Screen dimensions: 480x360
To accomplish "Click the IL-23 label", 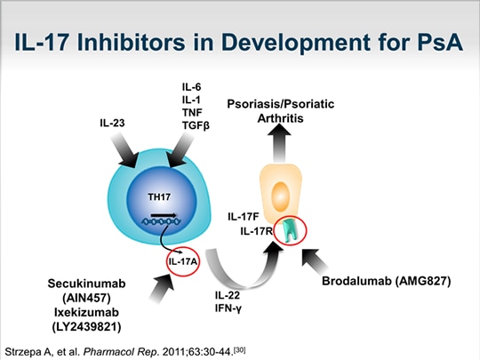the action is [112, 123].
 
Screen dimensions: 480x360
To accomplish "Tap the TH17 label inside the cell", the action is [159, 196].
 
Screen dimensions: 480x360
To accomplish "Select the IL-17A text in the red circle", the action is [183, 261].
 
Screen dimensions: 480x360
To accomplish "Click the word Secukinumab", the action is [86, 284].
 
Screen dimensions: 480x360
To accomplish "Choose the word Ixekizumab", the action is [86, 313].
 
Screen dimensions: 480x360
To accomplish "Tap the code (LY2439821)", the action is [86, 327].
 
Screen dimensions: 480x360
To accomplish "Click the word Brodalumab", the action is [356, 281].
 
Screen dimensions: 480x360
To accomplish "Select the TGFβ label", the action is [196, 125].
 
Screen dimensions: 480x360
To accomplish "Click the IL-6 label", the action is [192, 87].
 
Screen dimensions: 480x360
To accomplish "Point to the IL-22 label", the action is [228, 295].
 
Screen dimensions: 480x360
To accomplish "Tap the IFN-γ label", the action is [228, 308].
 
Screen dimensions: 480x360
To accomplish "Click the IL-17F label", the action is [244, 217].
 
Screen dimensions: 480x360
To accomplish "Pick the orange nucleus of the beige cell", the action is [280, 196].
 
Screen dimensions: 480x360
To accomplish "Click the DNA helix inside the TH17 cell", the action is [161, 221].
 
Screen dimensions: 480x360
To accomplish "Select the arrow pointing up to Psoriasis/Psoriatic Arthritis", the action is [279, 144].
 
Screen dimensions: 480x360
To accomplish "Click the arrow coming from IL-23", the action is [123, 151].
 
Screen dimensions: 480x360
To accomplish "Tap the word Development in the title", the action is [295, 42].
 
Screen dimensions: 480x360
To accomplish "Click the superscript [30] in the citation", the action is [239, 349].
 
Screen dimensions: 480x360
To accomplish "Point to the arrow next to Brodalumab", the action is [315, 260].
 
